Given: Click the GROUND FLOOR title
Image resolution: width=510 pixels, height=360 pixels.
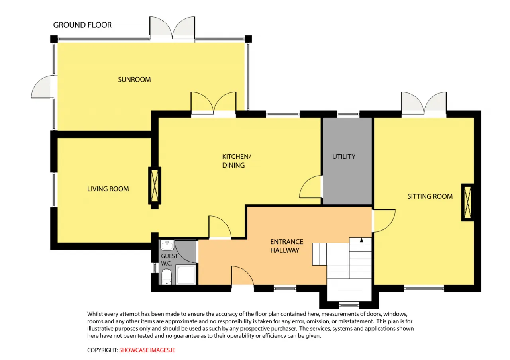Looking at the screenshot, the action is click(x=82, y=25).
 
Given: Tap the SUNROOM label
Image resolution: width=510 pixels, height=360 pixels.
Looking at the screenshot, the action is click(x=134, y=80).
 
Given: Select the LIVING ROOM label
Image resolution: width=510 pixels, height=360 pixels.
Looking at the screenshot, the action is click(x=108, y=189).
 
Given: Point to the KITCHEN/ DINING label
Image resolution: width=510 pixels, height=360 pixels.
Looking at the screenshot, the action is click(x=236, y=161).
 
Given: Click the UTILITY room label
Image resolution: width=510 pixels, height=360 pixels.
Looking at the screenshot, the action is click(x=344, y=157).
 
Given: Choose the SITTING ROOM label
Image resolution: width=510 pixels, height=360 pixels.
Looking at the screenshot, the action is click(x=430, y=196).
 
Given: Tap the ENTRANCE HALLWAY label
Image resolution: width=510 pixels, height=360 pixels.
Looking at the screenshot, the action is click(x=286, y=246).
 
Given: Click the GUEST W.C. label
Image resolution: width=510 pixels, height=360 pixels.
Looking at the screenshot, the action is click(x=169, y=260).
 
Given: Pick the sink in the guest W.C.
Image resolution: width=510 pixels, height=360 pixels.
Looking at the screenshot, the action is click(x=167, y=245).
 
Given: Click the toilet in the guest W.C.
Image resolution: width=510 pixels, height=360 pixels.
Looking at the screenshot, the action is click(x=167, y=277).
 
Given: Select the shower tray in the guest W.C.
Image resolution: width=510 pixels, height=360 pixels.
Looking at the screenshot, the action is click(x=186, y=275).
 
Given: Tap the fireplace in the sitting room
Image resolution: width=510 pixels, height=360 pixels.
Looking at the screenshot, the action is click(x=467, y=202).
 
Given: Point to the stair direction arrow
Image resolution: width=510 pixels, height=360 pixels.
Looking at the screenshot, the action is click(x=361, y=240).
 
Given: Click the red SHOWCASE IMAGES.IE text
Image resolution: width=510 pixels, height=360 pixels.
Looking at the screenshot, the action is click(x=147, y=350).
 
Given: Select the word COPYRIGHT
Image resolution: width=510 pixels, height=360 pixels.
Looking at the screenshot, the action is click(x=102, y=350).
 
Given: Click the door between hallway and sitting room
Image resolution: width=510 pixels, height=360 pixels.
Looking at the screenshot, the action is click(x=384, y=221).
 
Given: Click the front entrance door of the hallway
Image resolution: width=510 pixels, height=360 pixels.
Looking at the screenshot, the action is click(x=243, y=275).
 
